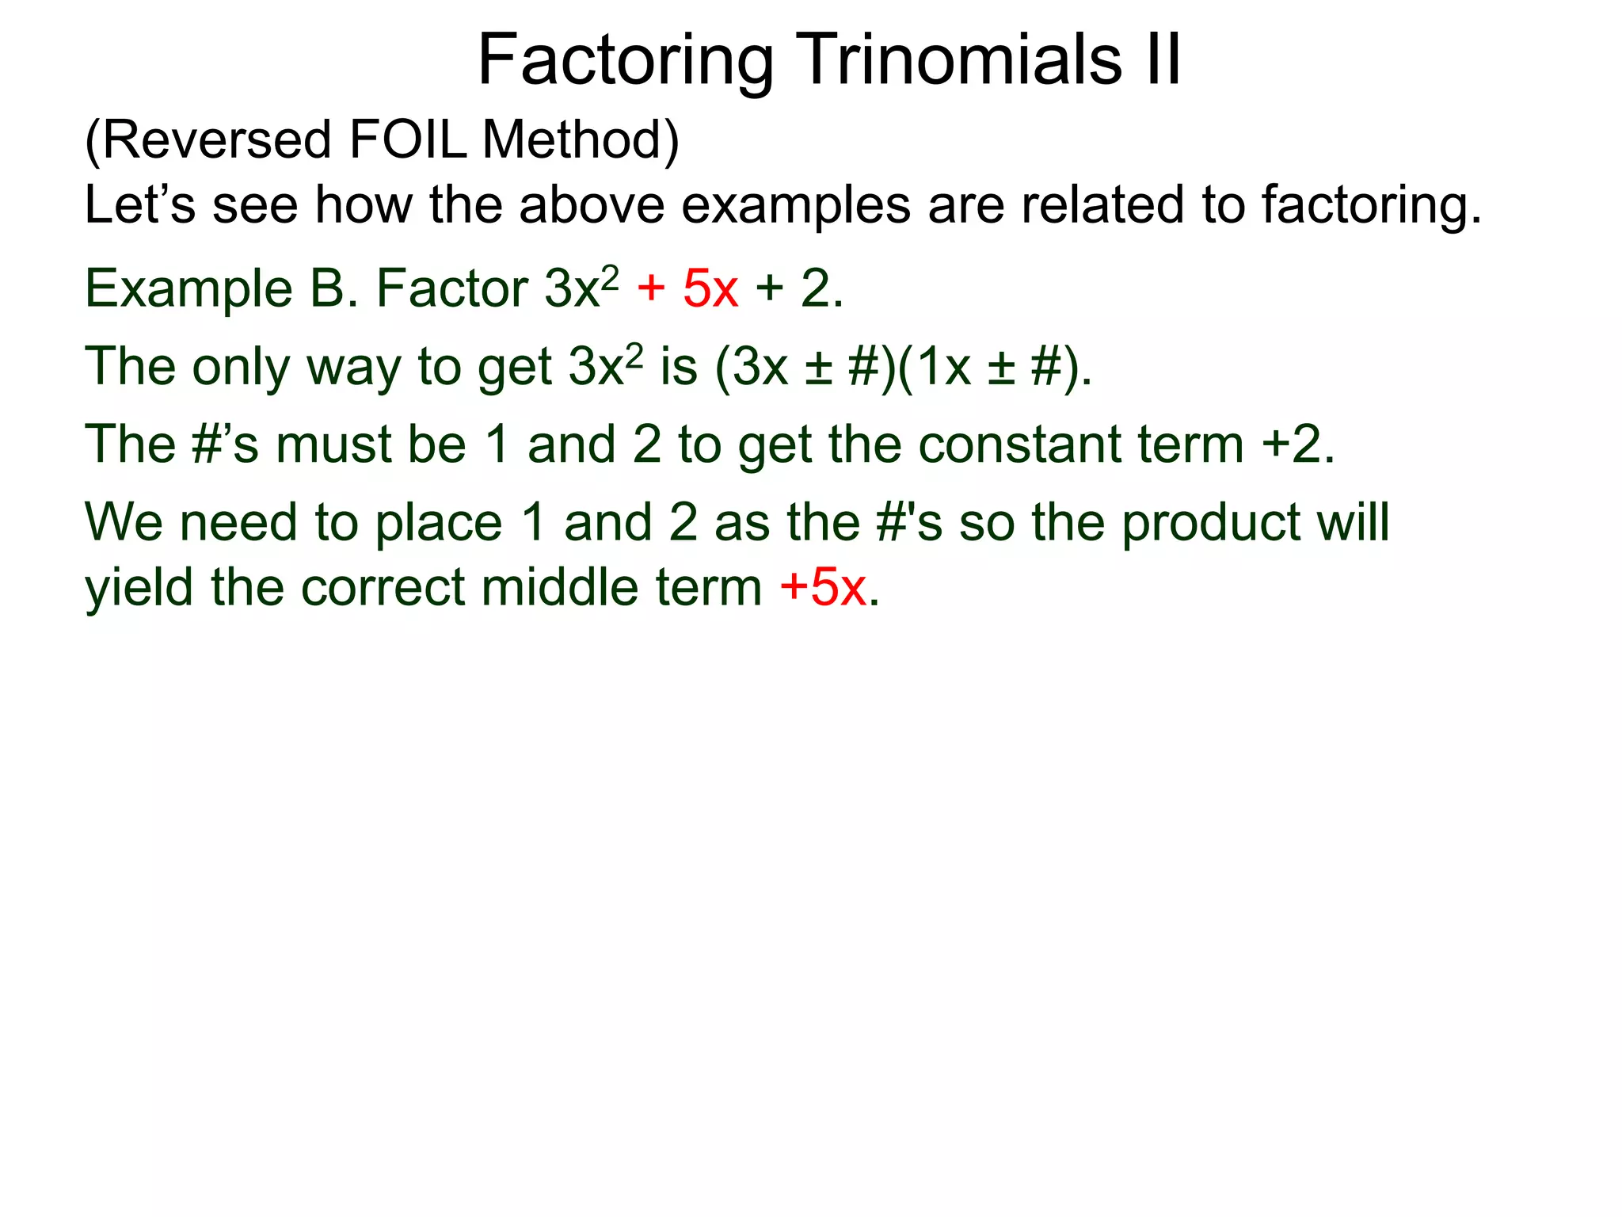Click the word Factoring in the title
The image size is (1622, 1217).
626,62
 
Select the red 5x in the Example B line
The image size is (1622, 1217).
710,288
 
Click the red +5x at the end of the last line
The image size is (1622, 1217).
823,588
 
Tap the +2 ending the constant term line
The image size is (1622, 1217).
1292,444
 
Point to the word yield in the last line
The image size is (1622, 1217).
139,589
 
